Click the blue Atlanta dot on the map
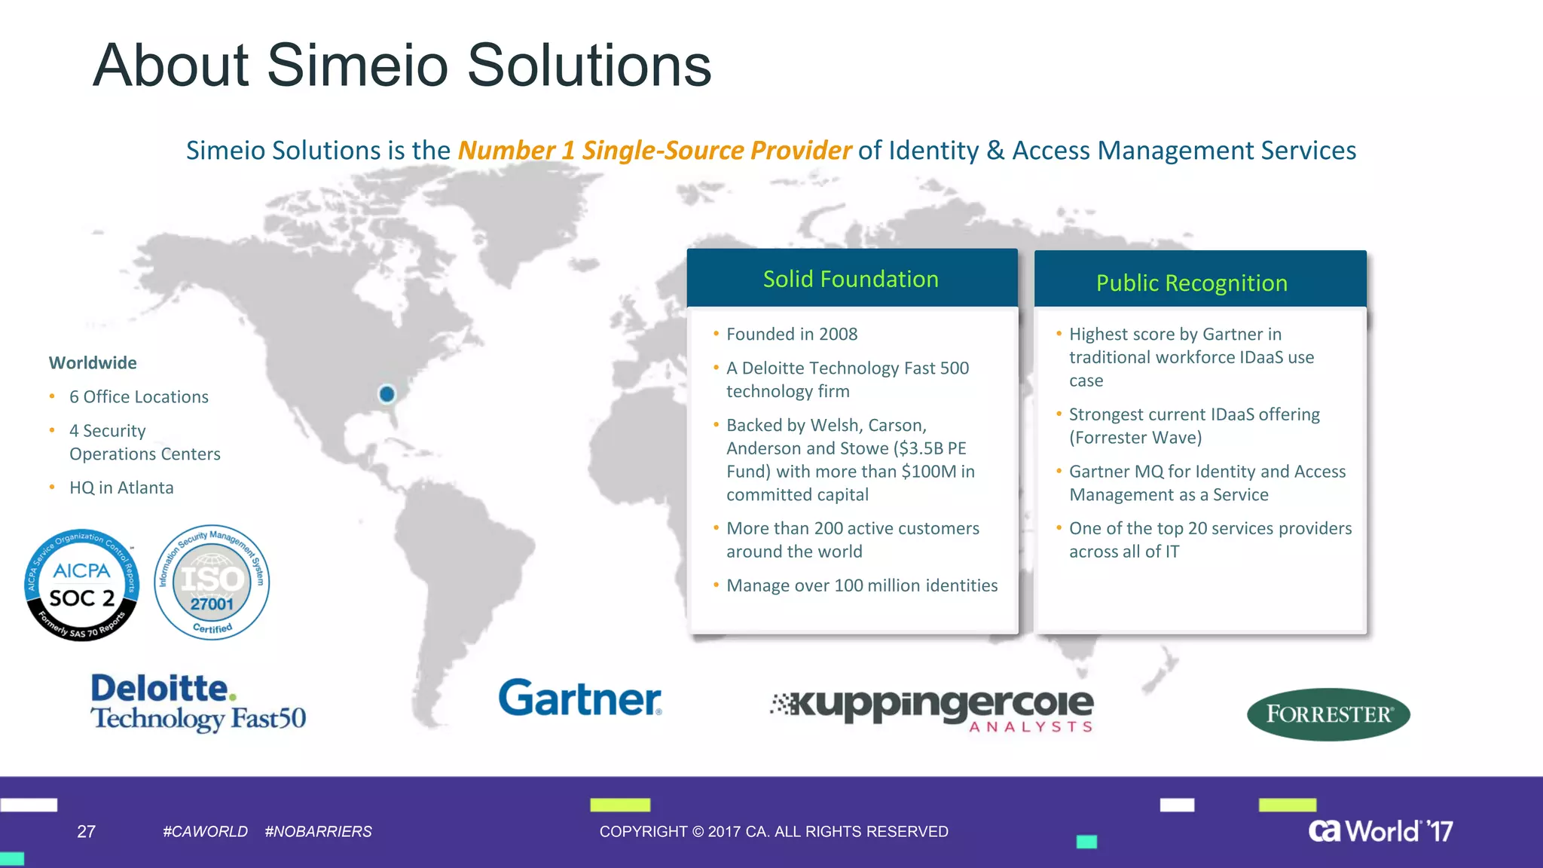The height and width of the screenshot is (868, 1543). tap(387, 393)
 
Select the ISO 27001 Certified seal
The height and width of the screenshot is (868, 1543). tap(212, 582)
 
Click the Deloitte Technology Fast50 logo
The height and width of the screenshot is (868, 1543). tap(198, 702)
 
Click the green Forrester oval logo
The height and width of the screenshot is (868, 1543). tap(1328, 714)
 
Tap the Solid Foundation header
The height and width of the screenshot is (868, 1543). tap(851, 279)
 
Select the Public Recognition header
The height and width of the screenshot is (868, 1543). tap(1192, 283)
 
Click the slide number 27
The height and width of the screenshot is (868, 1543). tap(87, 831)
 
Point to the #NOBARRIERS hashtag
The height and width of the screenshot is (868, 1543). tap(318, 831)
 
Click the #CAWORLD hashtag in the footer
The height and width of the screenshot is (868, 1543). tap(205, 831)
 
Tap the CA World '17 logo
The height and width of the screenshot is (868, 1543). tap(1380, 830)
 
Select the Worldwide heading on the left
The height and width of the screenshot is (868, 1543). tap(93, 362)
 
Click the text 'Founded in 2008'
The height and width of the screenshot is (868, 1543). tap(792, 334)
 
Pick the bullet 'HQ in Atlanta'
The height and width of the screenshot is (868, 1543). tap(121, 487)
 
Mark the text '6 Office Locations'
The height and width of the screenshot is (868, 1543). tap(139, 396)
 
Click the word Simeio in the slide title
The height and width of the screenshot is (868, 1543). tap(358, 65)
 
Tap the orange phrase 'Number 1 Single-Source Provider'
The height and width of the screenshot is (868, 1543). tap(655, 150)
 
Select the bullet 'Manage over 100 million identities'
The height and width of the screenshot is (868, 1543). tap(862, 585)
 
